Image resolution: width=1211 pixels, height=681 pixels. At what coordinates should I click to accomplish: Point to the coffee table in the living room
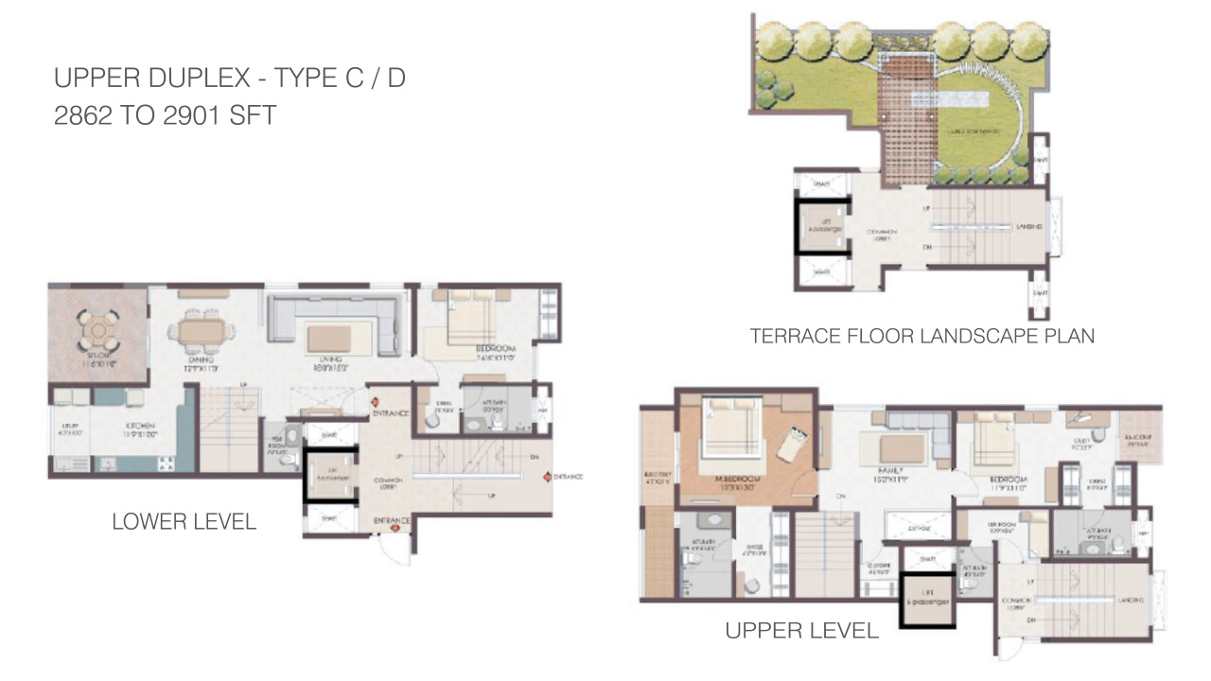coord(327,337)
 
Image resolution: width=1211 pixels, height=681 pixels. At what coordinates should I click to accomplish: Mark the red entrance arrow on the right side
coord(546,476)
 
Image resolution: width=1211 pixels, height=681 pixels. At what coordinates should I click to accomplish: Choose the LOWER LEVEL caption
coord(184,522)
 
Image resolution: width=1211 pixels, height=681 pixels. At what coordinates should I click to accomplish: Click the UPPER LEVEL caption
coord(801,630)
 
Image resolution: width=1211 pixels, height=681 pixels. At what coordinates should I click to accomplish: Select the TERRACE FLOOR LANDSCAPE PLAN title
coord(921,336)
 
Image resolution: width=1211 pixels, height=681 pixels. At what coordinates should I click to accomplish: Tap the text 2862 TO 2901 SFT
coord(166,116)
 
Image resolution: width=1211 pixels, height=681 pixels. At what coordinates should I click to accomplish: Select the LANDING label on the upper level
coord(1127,601)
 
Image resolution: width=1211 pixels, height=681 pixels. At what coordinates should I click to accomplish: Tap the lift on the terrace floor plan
coord(820,227)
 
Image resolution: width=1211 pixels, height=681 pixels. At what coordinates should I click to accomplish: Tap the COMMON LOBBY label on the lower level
coord(387,483)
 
